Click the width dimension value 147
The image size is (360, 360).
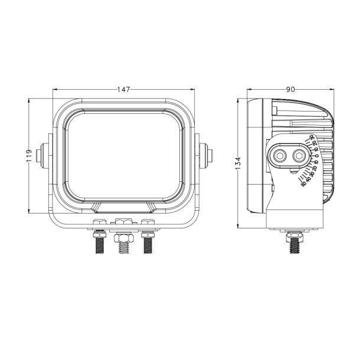coord(123,89)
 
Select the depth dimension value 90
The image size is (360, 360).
coord(290,89)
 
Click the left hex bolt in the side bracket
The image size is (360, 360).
coord(280,156)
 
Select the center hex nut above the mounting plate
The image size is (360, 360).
coord(123,222)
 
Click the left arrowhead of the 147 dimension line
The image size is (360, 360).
coord(50,89)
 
